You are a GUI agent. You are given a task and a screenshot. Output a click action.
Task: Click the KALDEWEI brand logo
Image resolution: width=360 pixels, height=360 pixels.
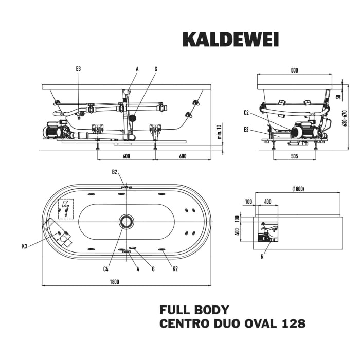(x=230, y=40)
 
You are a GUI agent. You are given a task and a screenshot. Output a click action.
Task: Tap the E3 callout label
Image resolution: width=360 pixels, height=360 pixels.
(x=78, y=69)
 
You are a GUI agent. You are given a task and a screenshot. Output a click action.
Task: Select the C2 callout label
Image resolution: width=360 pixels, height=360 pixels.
(x=246, y=112)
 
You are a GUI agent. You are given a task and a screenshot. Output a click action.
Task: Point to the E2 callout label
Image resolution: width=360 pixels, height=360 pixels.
(x=246, y=130)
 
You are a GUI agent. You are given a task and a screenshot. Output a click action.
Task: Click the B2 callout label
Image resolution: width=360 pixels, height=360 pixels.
(x=115, y=172)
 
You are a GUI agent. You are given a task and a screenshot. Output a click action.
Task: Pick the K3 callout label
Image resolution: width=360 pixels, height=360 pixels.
(x=25, y=246)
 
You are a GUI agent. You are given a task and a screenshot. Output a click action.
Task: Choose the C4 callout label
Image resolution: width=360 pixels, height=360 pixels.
(x=105, y=268)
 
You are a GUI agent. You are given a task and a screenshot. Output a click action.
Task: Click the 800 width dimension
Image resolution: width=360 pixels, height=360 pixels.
(x=294, y=69)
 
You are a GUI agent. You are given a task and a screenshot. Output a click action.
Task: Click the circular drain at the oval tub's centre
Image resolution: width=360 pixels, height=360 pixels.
(x=126, y=222)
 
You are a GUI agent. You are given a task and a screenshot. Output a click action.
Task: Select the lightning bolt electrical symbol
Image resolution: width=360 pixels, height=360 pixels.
(x=65, y=208)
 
